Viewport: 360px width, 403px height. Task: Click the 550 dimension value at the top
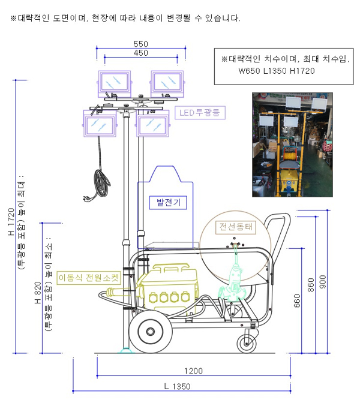(x=140, y=44)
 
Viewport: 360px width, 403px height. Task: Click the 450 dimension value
(x=140, y=53)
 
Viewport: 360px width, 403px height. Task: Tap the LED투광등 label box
(x=200, y=113)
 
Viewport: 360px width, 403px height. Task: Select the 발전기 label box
(x=168, y=203)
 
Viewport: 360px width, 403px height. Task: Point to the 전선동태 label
(x=236, y=227)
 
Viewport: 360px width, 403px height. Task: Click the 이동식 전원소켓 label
(x=89, y=278)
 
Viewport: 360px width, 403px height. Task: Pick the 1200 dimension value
(x=193, y=371)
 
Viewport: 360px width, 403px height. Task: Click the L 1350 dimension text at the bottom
(x=178, y=387)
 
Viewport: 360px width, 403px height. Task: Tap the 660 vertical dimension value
(x=297, y=300)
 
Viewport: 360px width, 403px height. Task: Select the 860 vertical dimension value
(x=311, y=285)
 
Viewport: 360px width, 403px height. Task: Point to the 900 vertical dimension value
(x=322, y=282)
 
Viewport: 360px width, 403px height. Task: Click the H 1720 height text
(x=11, y=221)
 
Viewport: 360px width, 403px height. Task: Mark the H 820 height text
(x=38, y=293)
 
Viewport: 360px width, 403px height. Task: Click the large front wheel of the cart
(x=151, y=332)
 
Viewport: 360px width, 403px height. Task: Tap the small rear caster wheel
(x=247, y=344)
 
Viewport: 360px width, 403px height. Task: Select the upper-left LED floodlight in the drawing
(x=115, y=83)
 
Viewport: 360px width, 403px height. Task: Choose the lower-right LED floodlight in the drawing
(x=153, y=124)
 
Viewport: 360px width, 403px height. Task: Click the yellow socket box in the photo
(x=289, y=183)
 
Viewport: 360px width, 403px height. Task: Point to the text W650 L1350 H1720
(x=277, y=71)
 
